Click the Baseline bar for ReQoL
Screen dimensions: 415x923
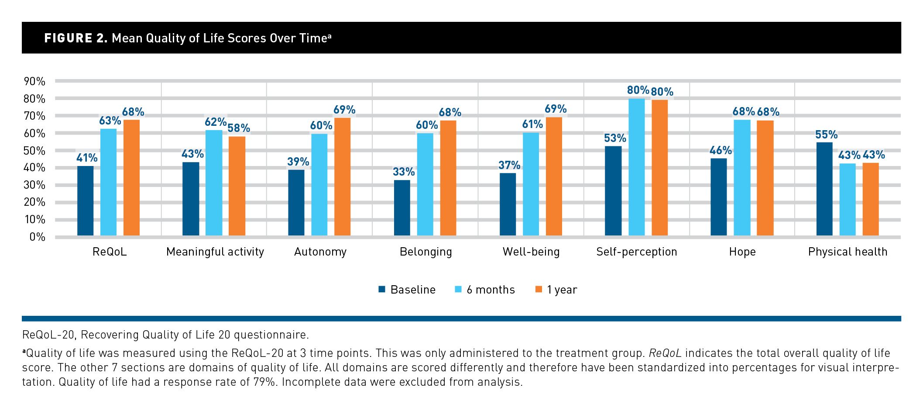[x=86, y=201]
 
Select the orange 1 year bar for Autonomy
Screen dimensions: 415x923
[x=343, y=177]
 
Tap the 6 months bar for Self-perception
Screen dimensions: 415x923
[x=636, y=167]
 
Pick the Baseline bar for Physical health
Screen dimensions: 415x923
[x=824, y=189]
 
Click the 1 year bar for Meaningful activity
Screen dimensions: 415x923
[x=237, y=186]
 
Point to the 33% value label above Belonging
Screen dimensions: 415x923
[x=403, y=172]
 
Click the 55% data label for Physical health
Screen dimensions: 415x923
[x=826, y=135]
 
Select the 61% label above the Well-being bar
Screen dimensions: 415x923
[x=532, y=125]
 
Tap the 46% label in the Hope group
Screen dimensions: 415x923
[x=721, y=151]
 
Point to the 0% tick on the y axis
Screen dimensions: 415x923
[x=37, y=237]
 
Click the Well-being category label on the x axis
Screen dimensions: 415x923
[x=531, y=252]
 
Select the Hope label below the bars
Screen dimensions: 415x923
[x=742, y=252]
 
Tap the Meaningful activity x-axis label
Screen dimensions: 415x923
[x=215, y=252]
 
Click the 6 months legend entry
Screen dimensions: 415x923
[x=490, y=290]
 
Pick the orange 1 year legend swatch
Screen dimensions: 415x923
[x=539, y=289]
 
